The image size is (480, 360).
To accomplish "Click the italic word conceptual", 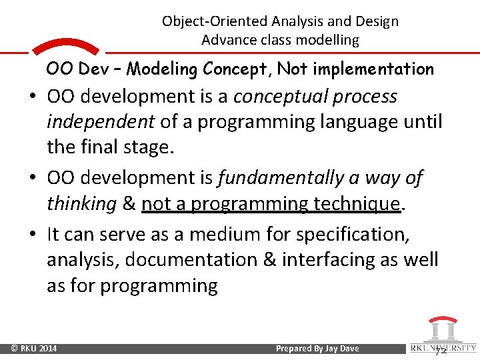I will click(x=288, y=97).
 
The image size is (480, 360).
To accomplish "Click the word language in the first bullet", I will click(x=351, y=123).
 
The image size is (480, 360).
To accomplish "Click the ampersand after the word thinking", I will click(x=129, y=204).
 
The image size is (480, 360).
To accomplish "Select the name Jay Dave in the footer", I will click(x=342, y=349).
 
